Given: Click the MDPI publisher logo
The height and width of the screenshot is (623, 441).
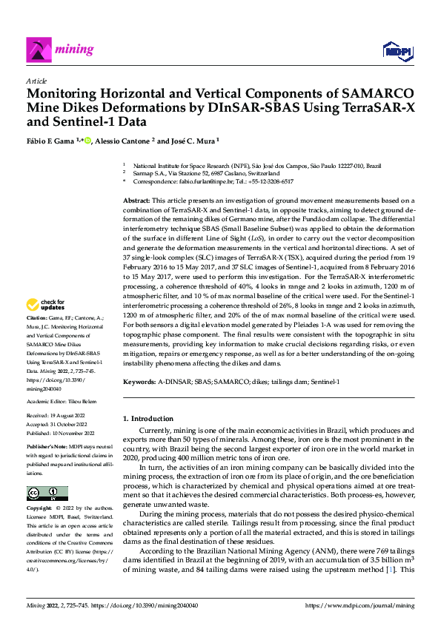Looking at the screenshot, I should coord(397,50).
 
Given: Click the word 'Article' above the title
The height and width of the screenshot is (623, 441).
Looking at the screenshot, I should coord(36,81).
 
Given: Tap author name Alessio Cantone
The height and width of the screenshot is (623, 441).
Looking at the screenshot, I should coord(123,141).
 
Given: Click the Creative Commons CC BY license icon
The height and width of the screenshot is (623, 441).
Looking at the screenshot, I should coord(47,494).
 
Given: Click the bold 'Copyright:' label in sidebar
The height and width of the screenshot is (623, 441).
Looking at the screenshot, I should coord(40,509).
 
